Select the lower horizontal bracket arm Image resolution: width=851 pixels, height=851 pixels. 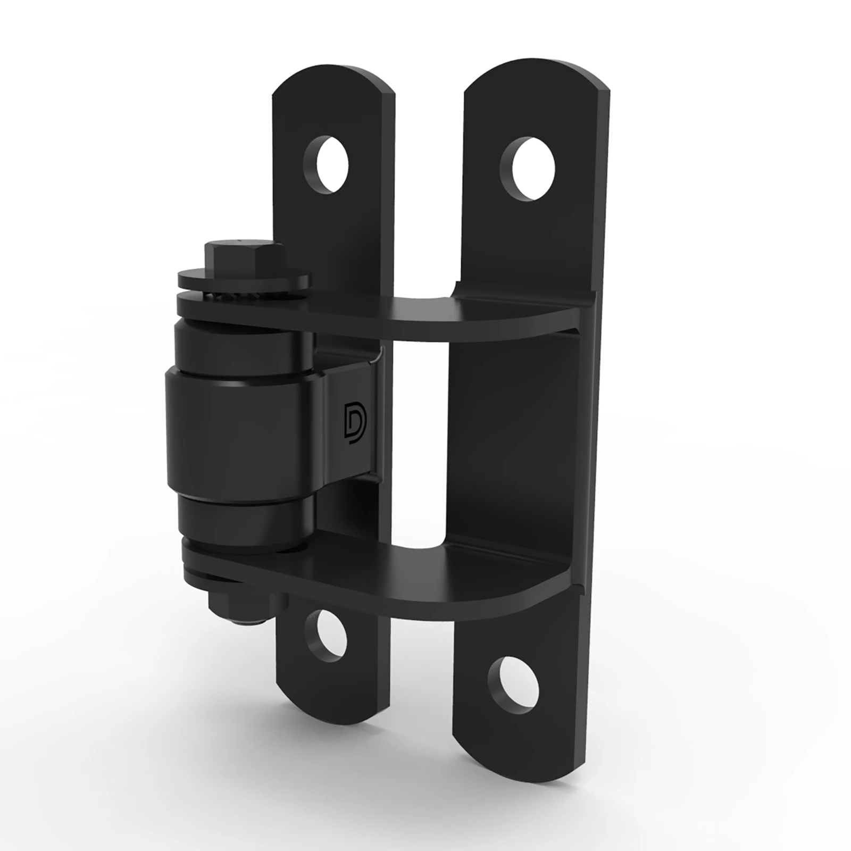(425, 580)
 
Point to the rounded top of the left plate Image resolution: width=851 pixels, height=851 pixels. (332, 85)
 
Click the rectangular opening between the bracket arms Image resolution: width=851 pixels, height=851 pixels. (418, 447)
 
